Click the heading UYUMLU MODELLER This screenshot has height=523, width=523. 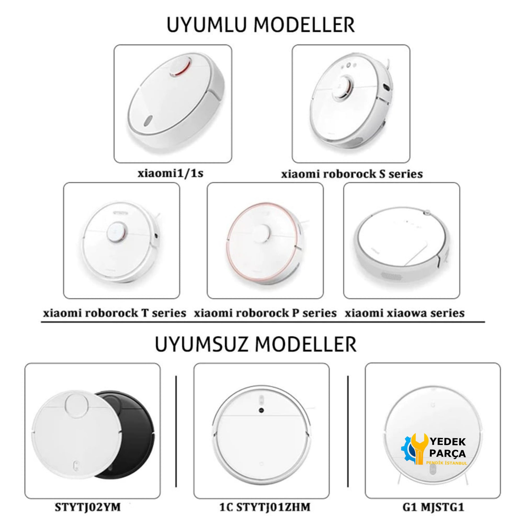[x=260, y=25]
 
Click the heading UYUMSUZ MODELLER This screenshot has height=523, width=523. [x=255, y=345]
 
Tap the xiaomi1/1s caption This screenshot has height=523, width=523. [x=170, y=173]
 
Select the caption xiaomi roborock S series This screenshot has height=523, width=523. [x=352, y=174]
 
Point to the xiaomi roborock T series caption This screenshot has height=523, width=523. [x=115, y=313]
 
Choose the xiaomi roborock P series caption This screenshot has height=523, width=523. [x=265, y=313]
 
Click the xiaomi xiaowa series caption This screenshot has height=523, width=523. [x=404, y=313]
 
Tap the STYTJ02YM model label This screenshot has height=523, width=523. [x=88, y=507]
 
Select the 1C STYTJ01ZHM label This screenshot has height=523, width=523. [x=265, y=507]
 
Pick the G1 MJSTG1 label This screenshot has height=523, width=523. [x=433, y=507]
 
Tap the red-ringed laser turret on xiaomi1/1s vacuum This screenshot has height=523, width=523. [x=180, y=67]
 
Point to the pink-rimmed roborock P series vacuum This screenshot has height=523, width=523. [x=265, y=244]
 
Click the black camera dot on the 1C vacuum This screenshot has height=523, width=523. [x=261, y=410]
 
